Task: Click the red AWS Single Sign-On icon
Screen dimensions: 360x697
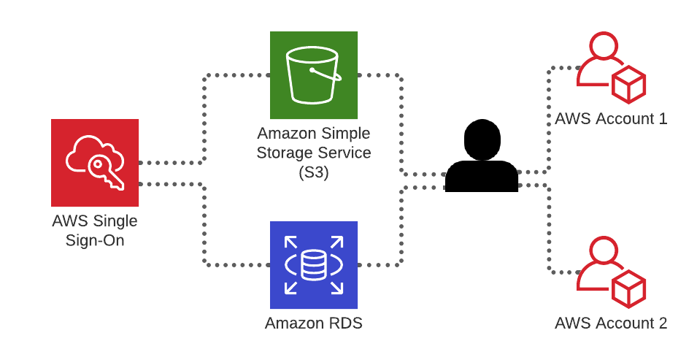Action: [95, 163]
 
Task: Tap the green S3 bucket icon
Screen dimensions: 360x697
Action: [314, 75]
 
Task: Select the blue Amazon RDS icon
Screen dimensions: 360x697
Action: [314, 265]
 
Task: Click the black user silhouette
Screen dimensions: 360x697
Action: [482, 157]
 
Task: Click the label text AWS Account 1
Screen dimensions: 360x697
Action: [611, 118]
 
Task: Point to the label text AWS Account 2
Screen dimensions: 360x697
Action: [611, 323]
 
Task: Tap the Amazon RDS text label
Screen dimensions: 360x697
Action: [314, 323]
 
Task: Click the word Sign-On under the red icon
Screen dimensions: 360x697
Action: [95, 240]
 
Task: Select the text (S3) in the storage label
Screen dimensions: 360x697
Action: [314, 173]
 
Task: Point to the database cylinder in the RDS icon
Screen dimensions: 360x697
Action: [314, 265]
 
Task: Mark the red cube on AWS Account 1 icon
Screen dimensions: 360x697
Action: [628, 84]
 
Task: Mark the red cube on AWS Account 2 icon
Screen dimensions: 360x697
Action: [628, 288]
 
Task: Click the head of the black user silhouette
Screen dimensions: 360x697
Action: [482, 139]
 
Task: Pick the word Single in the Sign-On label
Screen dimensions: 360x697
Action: [116, 221]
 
